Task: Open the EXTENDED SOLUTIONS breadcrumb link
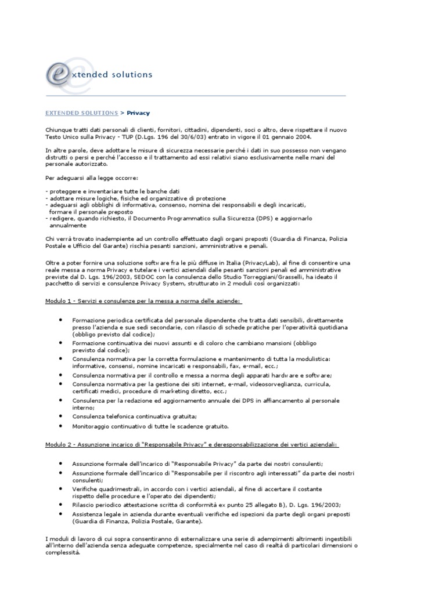coord(81,113)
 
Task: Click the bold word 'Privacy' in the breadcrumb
coord(138,113)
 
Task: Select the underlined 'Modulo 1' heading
coord(143,301)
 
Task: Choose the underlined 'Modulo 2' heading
coord(192,444)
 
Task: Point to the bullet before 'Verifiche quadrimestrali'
coord(61,489)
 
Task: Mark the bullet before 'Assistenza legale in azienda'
coord(61,513)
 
